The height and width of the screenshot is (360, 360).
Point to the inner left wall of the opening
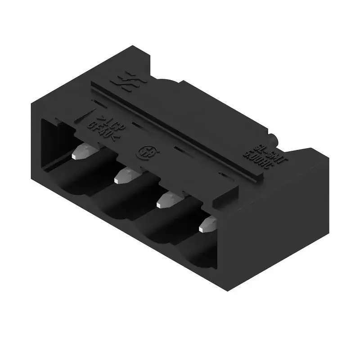tap(49, 144)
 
